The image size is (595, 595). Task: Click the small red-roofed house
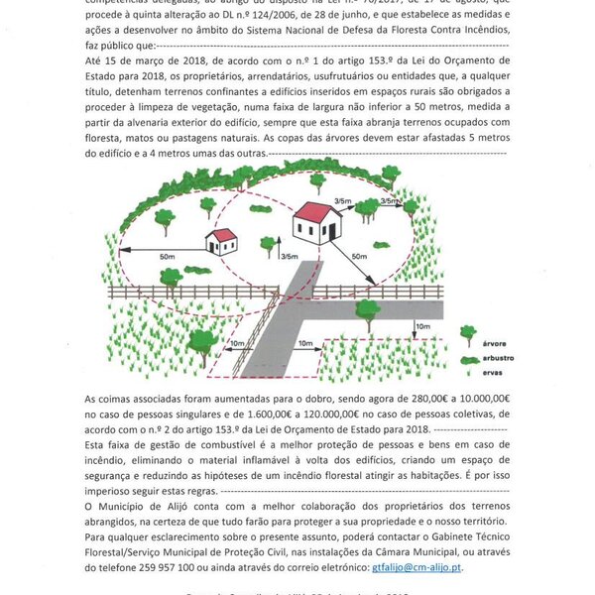point(222,241)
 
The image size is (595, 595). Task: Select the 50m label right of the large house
point(357,258)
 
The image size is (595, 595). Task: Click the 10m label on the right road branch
point(423,325)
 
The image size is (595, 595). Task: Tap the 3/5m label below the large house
point(290,257)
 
